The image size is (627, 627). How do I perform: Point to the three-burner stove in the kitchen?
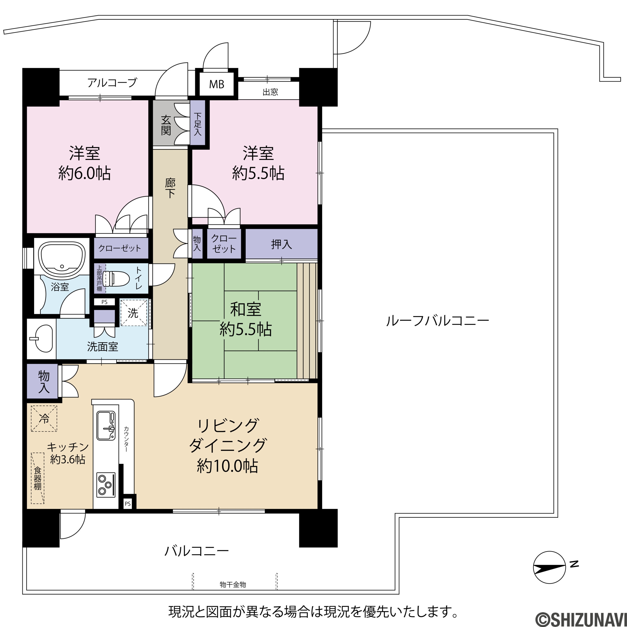click(x=106, y=485)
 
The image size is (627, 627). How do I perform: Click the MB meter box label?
click(x=217, y=84)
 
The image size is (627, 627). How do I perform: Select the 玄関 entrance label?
click(x=166, y=126)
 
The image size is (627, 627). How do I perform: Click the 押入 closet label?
click(x=281, y=244)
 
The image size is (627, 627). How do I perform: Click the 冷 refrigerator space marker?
click(x=44, y=418)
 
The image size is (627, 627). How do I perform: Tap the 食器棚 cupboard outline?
click(x=38, y=478)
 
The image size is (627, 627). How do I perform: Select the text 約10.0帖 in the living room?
click(x=228, y=466)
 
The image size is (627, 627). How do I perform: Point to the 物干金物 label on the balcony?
click(x=233, y=585)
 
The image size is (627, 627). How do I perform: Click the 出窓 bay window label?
click(x=270, y=92)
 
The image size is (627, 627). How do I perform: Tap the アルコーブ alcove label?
click(x=112, y=83)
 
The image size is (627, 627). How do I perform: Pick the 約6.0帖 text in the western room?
click(x=84, y=173)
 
